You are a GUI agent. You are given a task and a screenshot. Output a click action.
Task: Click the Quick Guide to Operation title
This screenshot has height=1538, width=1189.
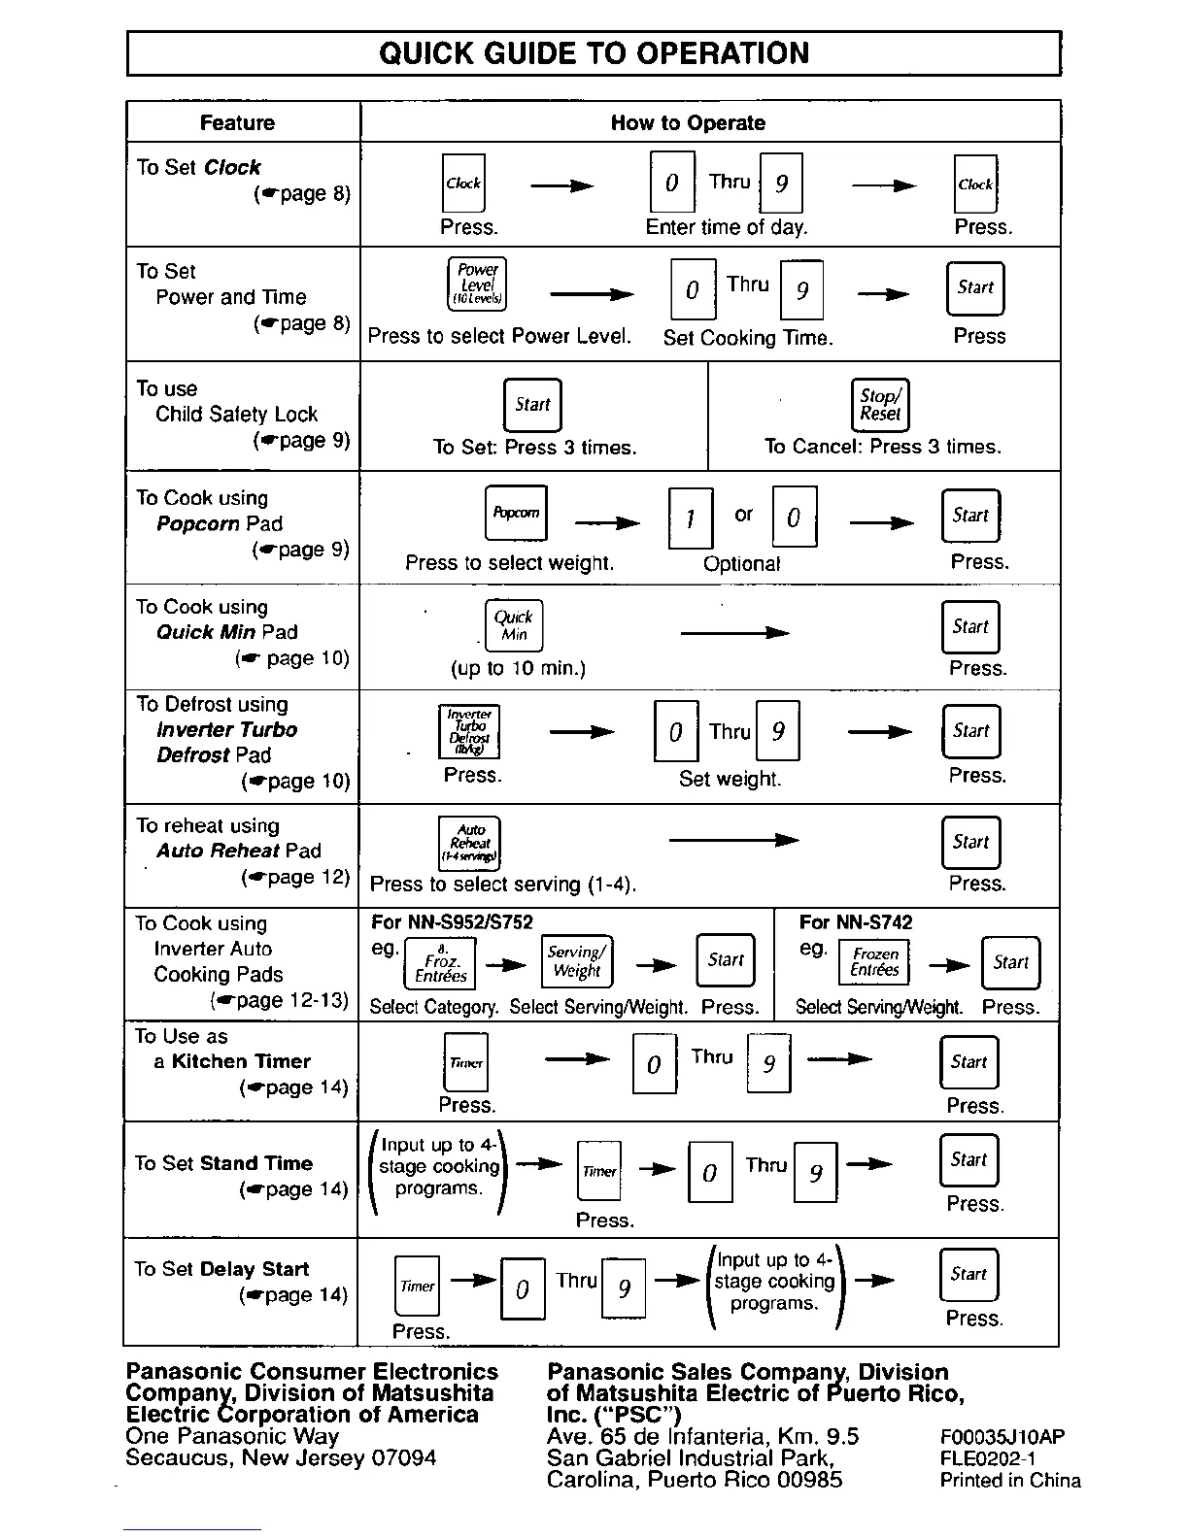[594, 53]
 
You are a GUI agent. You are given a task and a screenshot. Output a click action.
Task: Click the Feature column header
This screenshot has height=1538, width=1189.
[237, 123]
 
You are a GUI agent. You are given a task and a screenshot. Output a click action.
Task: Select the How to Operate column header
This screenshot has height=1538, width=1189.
[688, 123]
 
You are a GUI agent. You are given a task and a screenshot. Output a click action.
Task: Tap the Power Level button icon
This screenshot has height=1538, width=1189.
[477, 284]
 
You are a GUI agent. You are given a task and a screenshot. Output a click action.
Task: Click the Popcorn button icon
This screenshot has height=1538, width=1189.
[516, 513]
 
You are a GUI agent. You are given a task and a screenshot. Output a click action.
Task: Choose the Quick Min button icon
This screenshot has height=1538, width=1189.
[514, 625]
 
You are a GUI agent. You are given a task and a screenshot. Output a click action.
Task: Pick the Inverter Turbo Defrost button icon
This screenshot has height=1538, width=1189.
[469, 731]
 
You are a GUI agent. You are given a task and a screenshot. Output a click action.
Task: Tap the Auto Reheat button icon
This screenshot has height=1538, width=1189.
[470, 843]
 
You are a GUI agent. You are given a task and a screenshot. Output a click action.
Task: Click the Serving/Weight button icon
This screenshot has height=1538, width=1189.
[577, 961]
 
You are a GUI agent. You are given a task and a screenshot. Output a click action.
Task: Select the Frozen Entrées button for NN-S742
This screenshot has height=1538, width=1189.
[874, 962]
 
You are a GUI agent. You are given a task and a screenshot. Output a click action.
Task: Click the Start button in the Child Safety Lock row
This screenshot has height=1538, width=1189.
[532, 404]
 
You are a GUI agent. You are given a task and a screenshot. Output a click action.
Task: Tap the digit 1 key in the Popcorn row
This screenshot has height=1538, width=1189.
[691, 518]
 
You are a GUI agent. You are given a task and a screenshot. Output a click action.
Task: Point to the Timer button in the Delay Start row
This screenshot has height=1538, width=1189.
[417, 1286]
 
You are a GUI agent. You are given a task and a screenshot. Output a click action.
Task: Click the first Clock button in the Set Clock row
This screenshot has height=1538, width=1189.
[463, 184]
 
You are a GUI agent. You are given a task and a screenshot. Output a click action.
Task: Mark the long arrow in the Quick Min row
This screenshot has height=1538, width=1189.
[734, 634]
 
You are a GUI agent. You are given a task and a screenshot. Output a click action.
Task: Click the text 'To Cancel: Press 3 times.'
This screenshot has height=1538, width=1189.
[882, 447]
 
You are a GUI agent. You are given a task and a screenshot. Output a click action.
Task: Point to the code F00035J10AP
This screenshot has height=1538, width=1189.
[1002, 1437]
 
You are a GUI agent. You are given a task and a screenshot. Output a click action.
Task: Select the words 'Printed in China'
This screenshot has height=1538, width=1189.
[1010, 1481]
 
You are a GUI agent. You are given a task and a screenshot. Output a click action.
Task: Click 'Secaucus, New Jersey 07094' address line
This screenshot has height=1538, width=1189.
[281, 1458]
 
